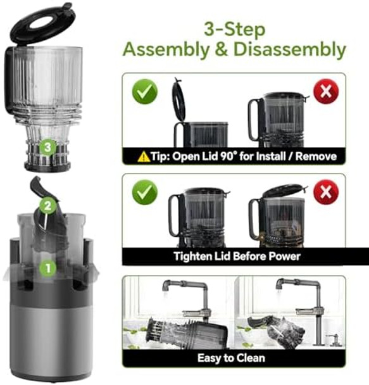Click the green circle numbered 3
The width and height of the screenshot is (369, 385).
[x=47, y=148]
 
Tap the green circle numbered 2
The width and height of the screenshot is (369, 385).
[x=46, y=205]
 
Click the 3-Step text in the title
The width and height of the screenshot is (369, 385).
[x=234, y=28]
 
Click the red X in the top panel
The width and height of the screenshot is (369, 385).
[x=326, y=92]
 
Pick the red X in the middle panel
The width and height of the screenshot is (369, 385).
[x=326, y=192]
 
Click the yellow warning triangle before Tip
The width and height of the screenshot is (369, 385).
[x=144, y=156]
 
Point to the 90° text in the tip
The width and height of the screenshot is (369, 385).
[x=239, y=156]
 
